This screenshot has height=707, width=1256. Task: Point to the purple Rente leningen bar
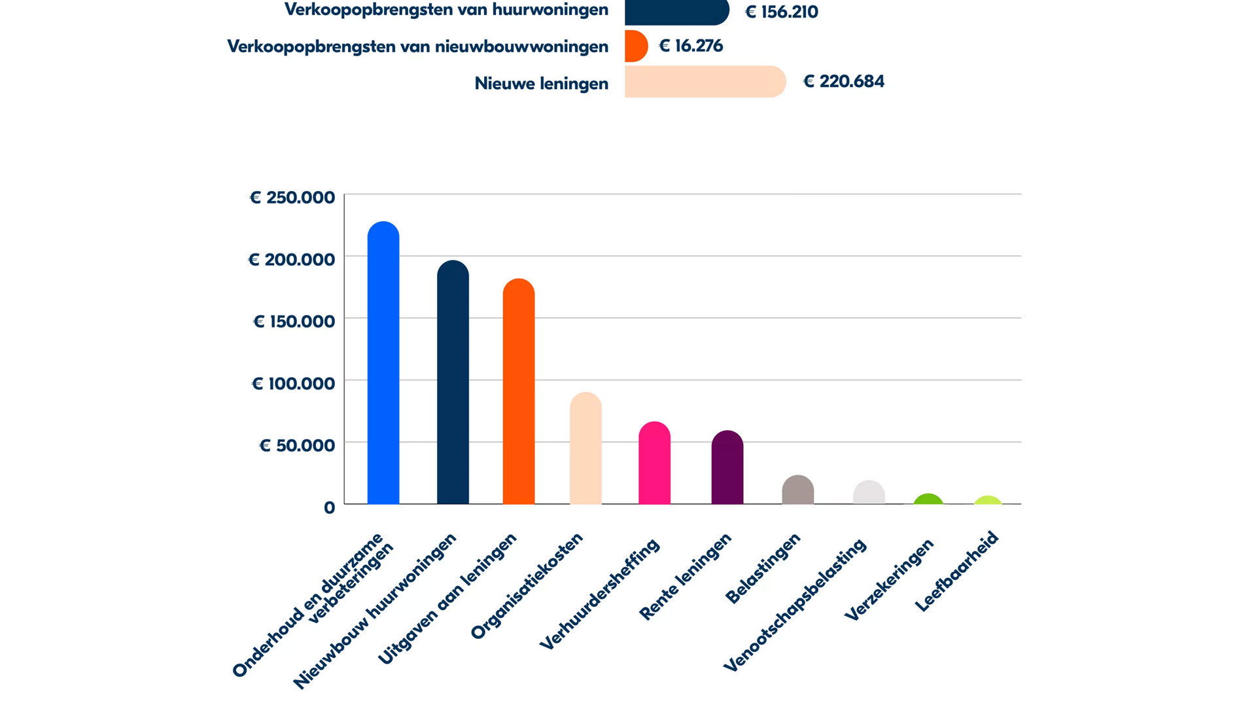click(x=727, y=467)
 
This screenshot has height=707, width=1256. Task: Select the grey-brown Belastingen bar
click(x=798, y=490)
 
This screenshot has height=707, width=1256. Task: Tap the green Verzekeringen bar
click(x=928, y=499)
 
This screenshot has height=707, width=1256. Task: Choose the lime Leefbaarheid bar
click(x=988, y=501)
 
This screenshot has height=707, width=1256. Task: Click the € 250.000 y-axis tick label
click(x=292, y=198)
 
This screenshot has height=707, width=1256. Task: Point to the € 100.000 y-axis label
click(x=294, y=384)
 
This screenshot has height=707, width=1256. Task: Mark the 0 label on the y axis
click(x=329, y=507)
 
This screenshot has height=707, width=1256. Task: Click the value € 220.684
click(x=844, y=82)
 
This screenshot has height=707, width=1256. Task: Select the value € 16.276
click(x=691, y=46)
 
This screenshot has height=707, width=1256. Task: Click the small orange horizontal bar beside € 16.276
click(x=635, y=46)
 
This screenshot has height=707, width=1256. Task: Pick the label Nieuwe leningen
click(x=541, y=84)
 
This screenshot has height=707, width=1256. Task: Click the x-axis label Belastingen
click(x=763, y=568)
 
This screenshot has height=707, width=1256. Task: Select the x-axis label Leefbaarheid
click(x=956, y=571)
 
